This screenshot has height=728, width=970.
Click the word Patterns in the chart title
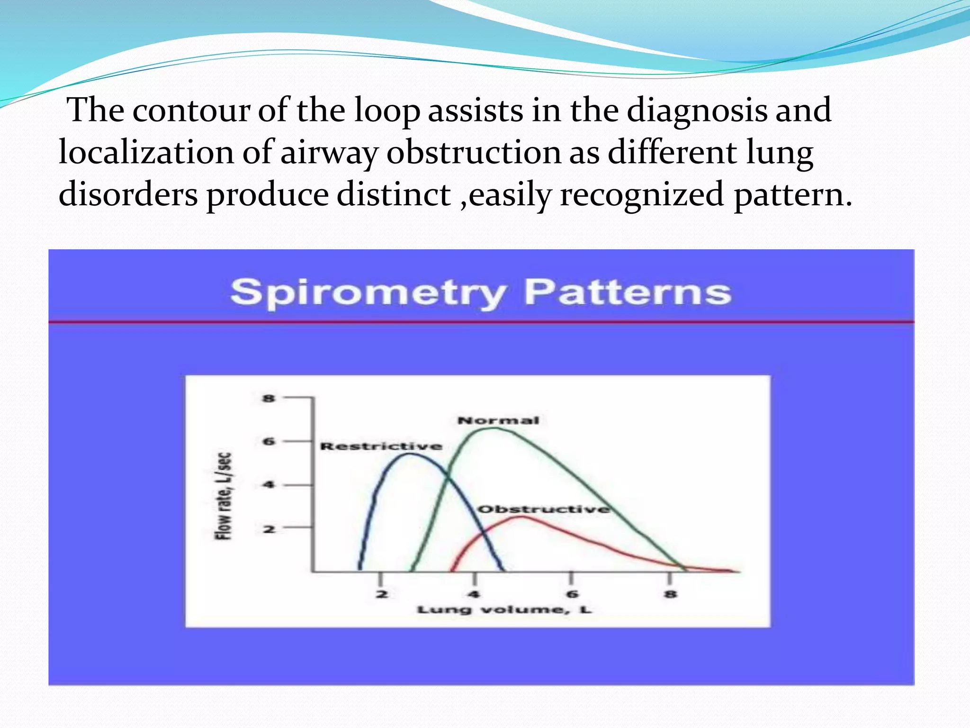coord(628,292)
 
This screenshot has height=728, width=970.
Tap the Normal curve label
coord(498,420)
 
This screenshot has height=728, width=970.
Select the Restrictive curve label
coord(381,446)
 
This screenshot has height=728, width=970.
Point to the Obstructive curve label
coord(544,510)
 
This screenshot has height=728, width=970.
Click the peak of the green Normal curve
coord(493,428)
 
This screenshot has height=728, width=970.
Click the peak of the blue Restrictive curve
coord(410,454)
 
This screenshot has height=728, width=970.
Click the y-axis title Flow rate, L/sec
coord(224,496)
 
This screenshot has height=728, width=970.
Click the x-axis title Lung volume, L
coord(504,610)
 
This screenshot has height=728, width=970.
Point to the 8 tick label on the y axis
coord(269,398)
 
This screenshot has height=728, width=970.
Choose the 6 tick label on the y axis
coord(269,442)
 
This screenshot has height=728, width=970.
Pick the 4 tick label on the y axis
coord(269,485)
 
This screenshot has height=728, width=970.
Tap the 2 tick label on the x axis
coord(381,594)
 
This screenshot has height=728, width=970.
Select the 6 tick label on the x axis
coord(572,594)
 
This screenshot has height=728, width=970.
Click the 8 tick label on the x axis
coord(670,594)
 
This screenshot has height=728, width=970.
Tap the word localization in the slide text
coord(146,153)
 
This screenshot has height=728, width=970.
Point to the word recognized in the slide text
coord(642,194)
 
